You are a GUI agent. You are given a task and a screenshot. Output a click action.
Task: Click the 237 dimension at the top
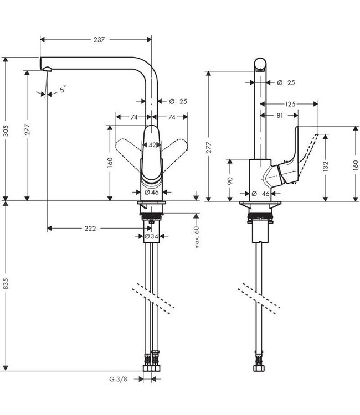pos(100,40)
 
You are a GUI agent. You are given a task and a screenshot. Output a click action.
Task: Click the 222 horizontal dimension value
pos(90,228)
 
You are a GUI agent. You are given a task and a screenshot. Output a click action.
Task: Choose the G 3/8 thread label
pos(117,380)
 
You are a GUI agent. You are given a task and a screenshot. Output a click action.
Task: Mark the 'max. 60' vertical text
pos(197,237)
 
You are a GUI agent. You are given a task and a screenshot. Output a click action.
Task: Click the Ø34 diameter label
pos(151,236)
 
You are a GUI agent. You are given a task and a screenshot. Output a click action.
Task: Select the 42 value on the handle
pos(152,145)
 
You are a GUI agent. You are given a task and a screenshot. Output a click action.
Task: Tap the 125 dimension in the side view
pos(290,103)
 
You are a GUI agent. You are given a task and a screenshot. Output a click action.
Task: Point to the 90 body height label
pos(229,180)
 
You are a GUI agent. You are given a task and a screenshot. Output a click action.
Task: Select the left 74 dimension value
pos(133,117)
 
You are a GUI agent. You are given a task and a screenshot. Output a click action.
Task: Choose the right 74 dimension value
pos(172,117)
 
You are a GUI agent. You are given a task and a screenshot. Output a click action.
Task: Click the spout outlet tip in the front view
pos(47,69)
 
